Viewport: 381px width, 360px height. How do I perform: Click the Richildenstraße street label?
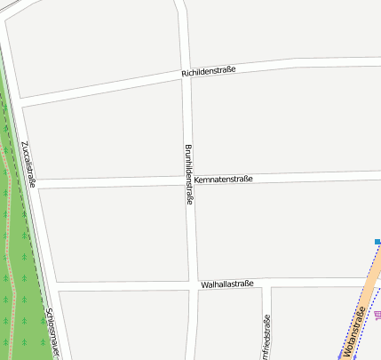point(208,70)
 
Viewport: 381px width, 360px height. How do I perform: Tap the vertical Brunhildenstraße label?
point(188,175)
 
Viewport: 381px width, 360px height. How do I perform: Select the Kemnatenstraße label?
point(223,179)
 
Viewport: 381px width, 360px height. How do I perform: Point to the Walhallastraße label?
point(227,284)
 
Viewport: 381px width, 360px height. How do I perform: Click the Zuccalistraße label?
point(28,164)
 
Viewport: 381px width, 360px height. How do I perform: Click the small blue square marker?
point(377,242)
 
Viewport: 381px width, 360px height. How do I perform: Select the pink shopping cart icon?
point(377,315)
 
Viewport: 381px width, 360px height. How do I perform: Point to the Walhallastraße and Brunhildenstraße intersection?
point(192,285)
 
